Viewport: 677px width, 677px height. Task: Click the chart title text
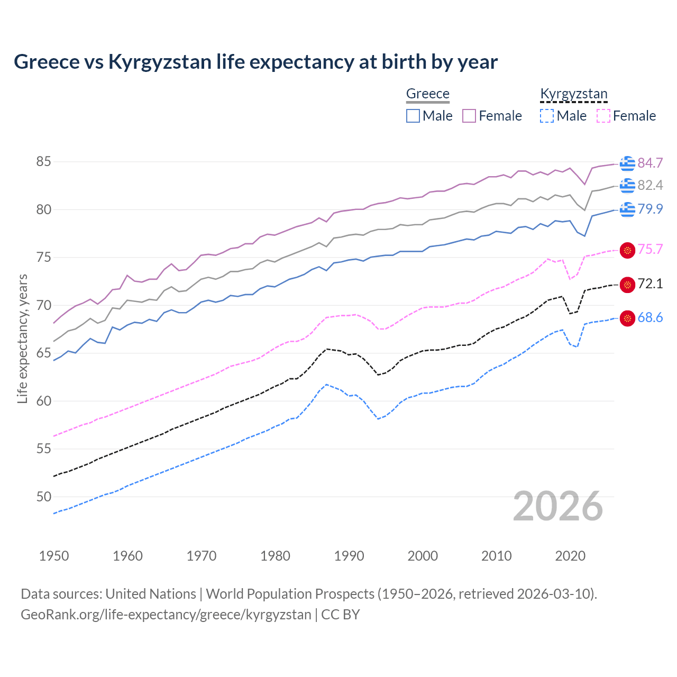click(x=255, y=62)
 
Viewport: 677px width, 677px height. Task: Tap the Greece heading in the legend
click(x=427, y=94)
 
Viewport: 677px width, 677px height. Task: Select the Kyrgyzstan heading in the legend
click(x=573, y=94)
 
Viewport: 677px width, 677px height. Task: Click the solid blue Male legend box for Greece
click(x=413, y=116)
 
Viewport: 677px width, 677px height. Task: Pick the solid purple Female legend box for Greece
click(x=469, y=116)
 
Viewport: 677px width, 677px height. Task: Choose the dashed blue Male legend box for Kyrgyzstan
click(x=547, y=116)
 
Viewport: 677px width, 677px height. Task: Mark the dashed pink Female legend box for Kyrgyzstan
click(x=603, y=116)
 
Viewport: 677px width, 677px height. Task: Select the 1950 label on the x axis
click(x=54, y=556)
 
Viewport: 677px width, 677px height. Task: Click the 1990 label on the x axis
click(x=349, y=556)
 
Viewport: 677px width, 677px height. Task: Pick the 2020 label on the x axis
click(x=570, y=556)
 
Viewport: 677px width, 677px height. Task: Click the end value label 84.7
click(x=650, y=163)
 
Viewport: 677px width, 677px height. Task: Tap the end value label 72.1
click(x=650, y=284)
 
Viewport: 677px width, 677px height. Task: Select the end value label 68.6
click(x=650, y=318)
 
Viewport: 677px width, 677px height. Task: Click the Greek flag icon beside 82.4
click(x=627, y=186)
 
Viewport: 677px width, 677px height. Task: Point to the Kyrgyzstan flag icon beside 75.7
click(x=627, y=250)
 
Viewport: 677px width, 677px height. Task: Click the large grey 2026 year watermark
click(x=558, y=506)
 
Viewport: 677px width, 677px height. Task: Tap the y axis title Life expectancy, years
click(x=22, y=338)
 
